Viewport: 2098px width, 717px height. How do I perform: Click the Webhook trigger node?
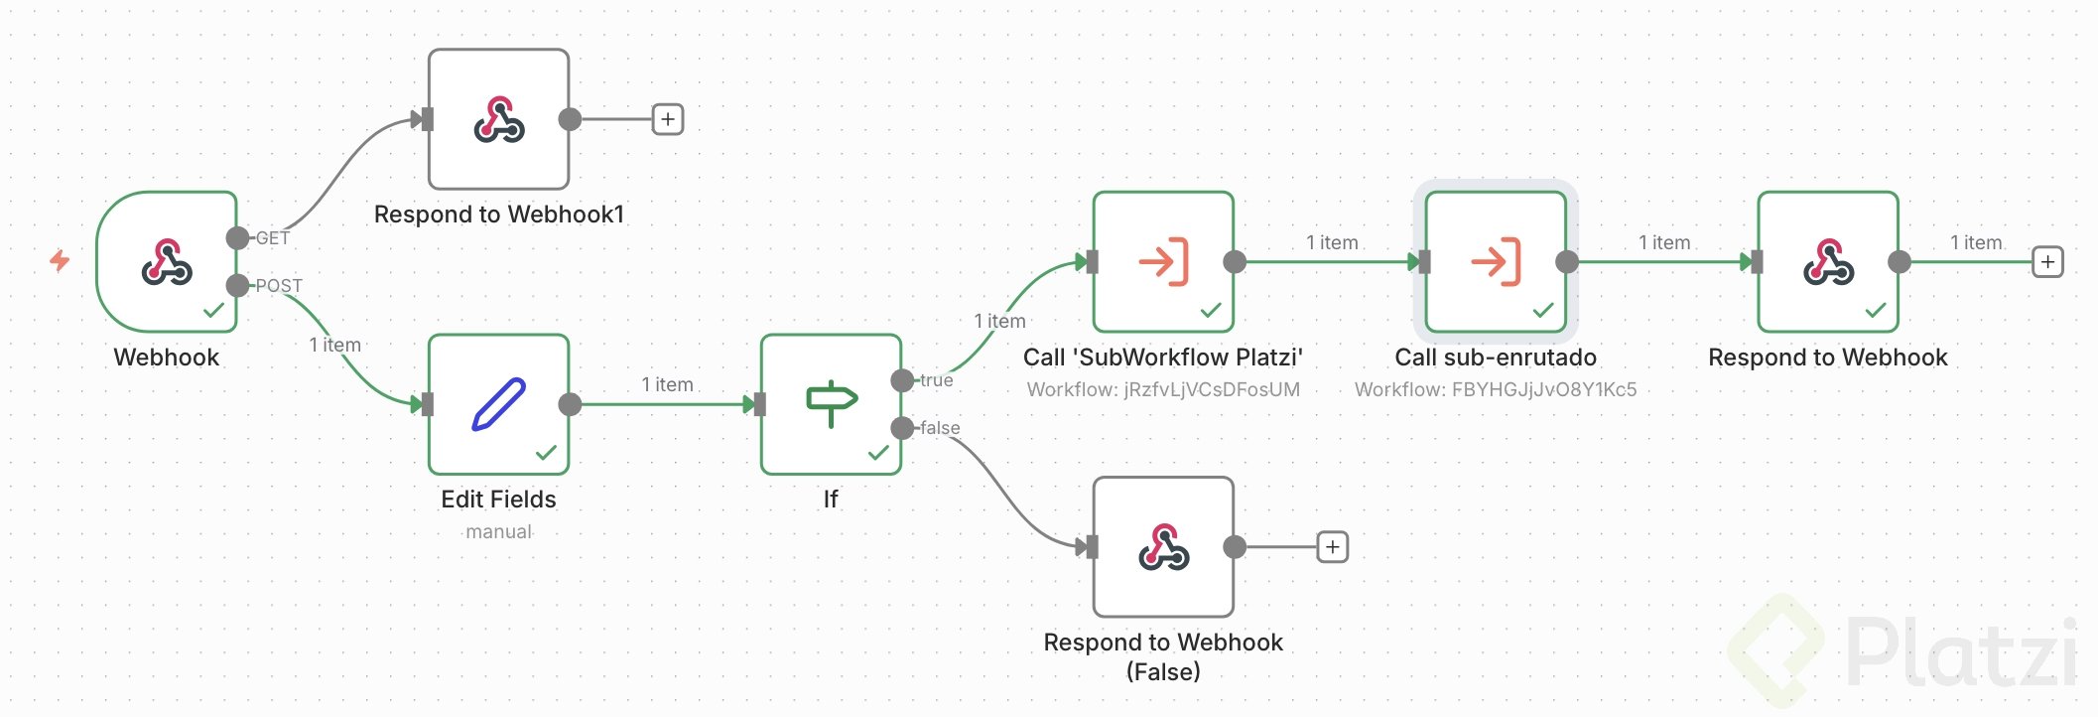[x=167, y=262]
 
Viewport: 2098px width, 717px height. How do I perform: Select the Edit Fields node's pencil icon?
[x=498, y=404]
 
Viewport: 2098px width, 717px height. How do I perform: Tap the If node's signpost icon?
[x=831, y=402]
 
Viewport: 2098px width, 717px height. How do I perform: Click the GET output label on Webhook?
[x=273, y=238]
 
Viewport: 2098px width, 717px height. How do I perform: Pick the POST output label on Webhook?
[x=279, y=286]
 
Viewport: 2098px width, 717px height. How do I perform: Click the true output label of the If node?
[x=936, y=380]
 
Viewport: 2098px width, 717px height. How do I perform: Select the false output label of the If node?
[x=940, y=428]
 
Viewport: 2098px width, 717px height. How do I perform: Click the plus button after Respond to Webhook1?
[x=668, y=120]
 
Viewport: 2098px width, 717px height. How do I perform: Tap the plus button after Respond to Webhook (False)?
[x=1332, y=547]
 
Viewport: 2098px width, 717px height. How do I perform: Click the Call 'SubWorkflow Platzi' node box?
[x=1163, y=262]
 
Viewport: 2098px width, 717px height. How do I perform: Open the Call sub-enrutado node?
[x=1496, y=262]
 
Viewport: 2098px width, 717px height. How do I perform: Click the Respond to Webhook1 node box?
[x=498, y=119]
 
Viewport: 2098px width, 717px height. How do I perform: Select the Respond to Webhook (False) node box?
[x=1163, y=547]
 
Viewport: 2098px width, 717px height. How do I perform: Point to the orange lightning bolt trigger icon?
[x=60, y=260]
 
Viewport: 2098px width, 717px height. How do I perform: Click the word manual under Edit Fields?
[x=498, y=531]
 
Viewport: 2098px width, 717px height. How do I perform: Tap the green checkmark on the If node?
[x=878, y=453]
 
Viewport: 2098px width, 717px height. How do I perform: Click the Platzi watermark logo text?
[x=1960, y=651]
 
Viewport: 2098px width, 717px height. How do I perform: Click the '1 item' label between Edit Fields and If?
[x=667, y=384]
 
